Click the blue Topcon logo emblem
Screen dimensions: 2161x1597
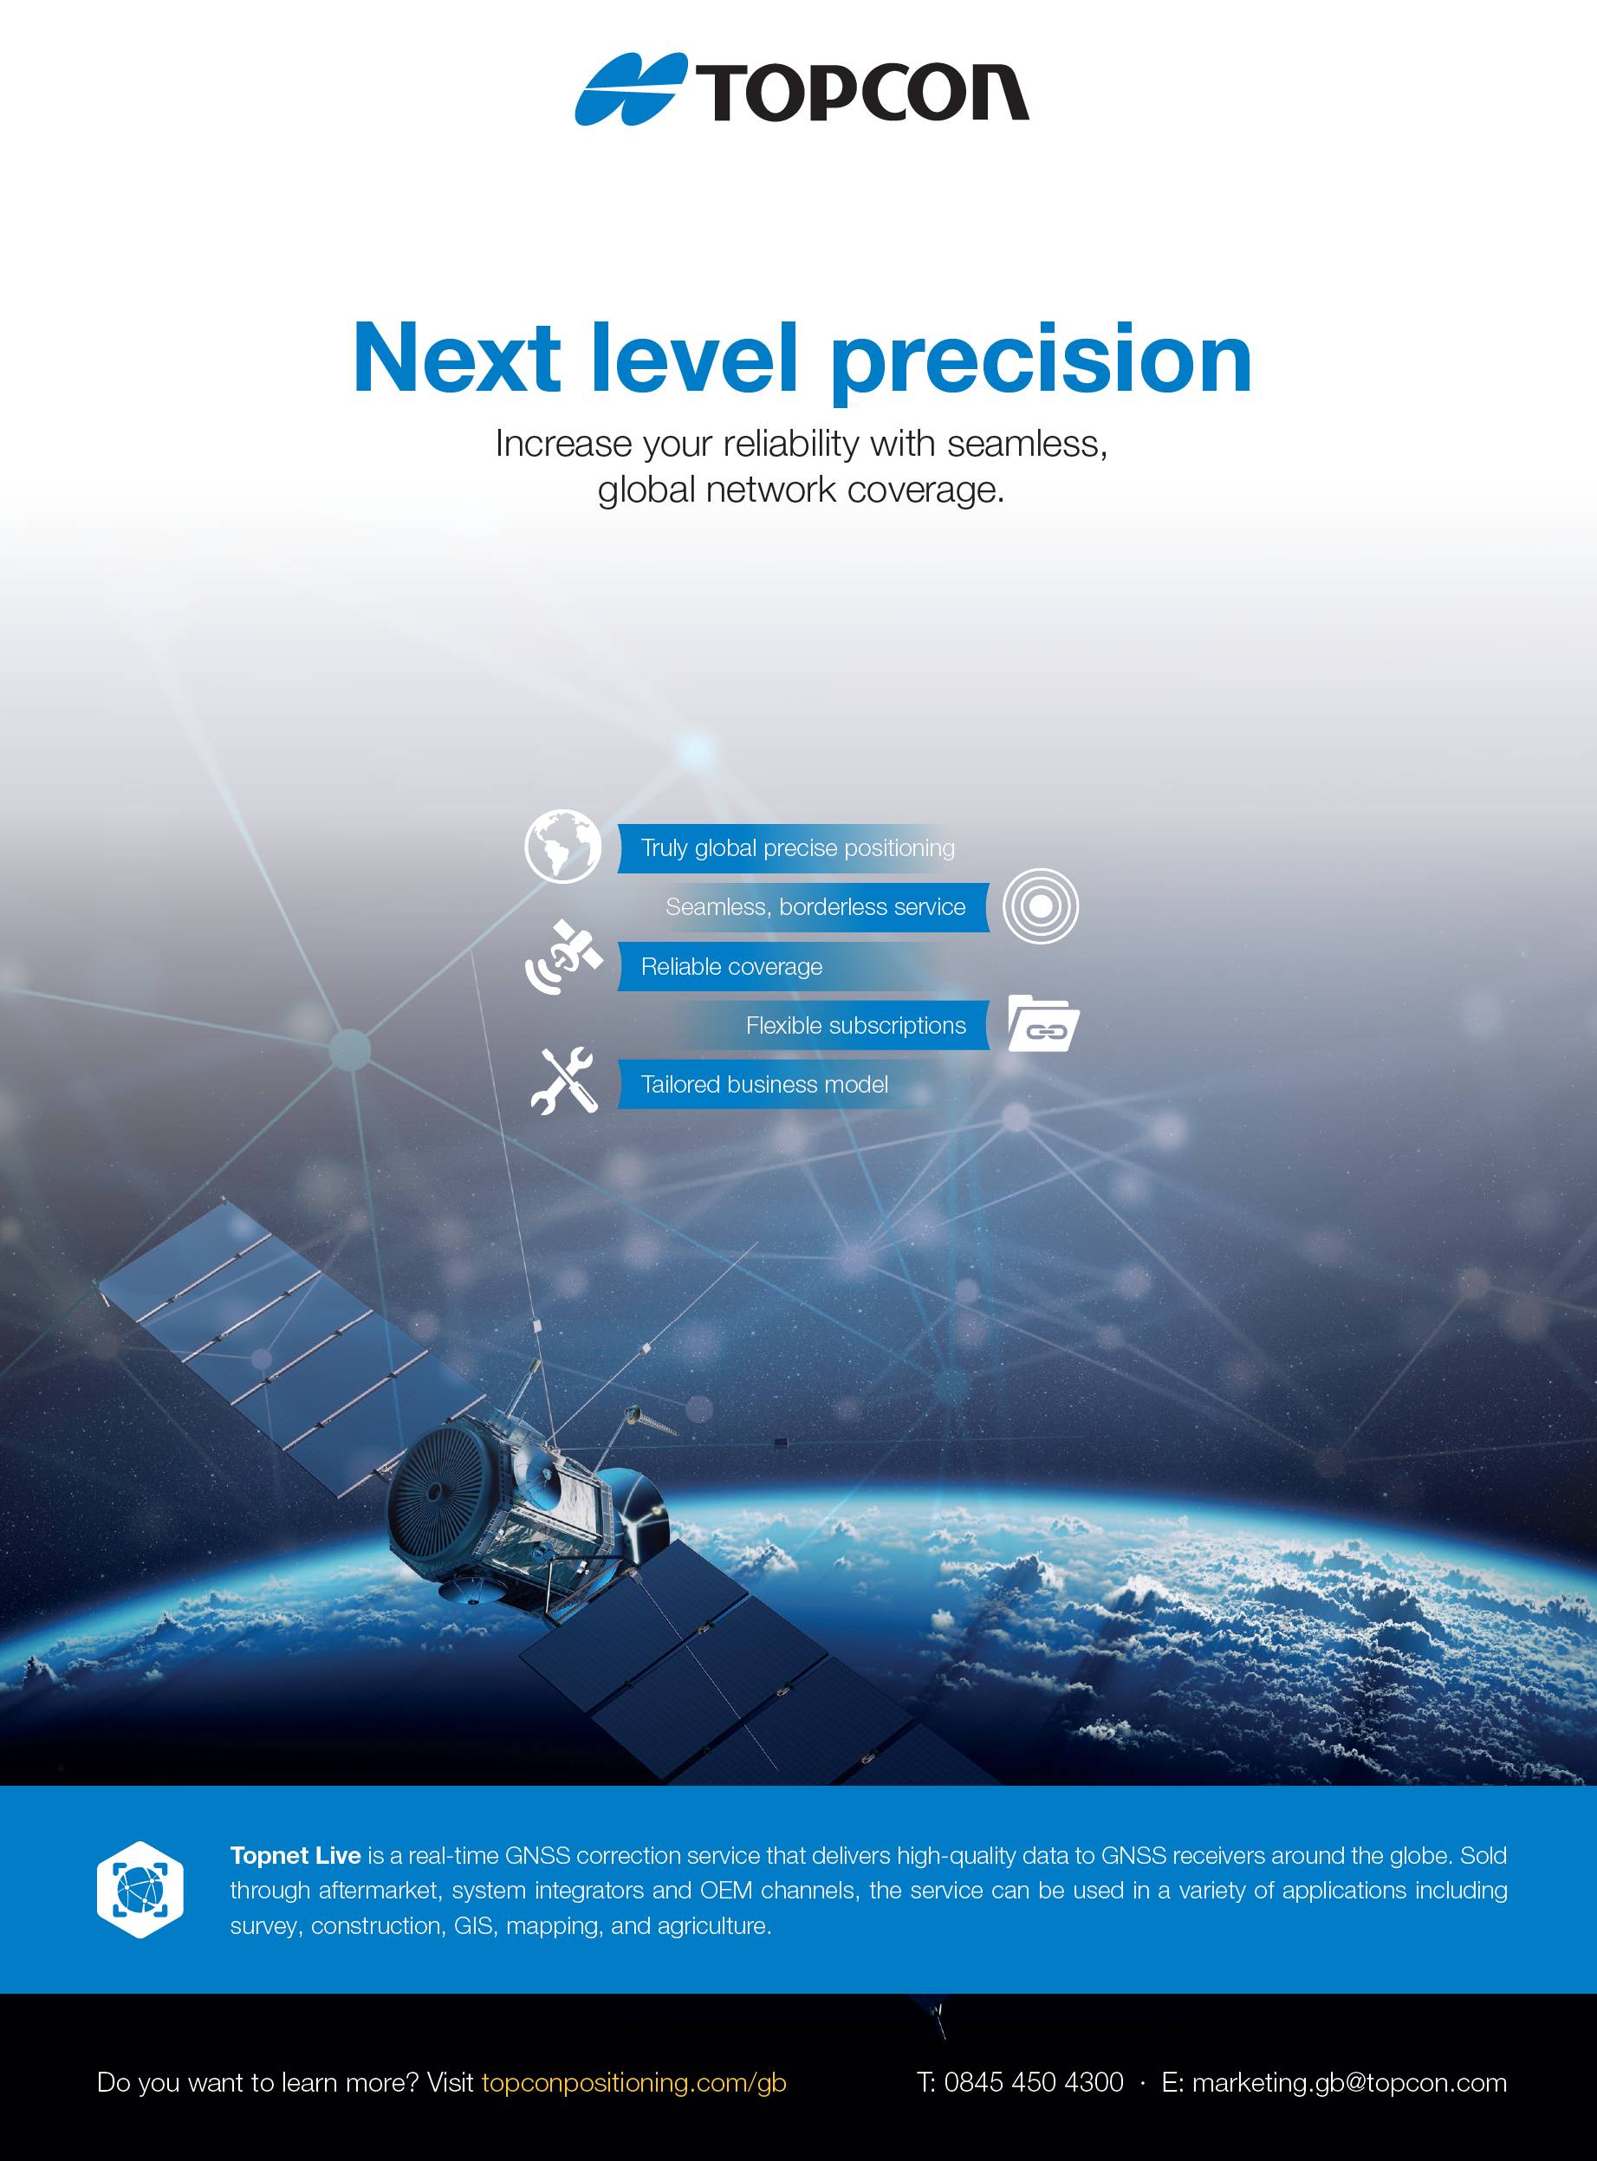[628, 90]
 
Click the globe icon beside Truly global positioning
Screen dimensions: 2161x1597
[562, 846]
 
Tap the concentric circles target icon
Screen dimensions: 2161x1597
[1040, 905]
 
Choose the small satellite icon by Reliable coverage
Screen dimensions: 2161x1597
[563, 957]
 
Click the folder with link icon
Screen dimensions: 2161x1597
[1042, 1023]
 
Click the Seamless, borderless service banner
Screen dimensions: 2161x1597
[815, 906]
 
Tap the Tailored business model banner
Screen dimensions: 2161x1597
[763, 1084]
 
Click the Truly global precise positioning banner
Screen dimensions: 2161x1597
[796, 847]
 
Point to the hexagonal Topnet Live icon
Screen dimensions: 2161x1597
[140, 1890]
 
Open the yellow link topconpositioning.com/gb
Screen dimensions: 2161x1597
[633, 2082]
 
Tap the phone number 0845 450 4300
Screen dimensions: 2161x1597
[1032, 2082]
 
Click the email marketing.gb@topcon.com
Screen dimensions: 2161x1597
[1348, 2082]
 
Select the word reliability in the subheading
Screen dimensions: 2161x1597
[791, 444]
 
